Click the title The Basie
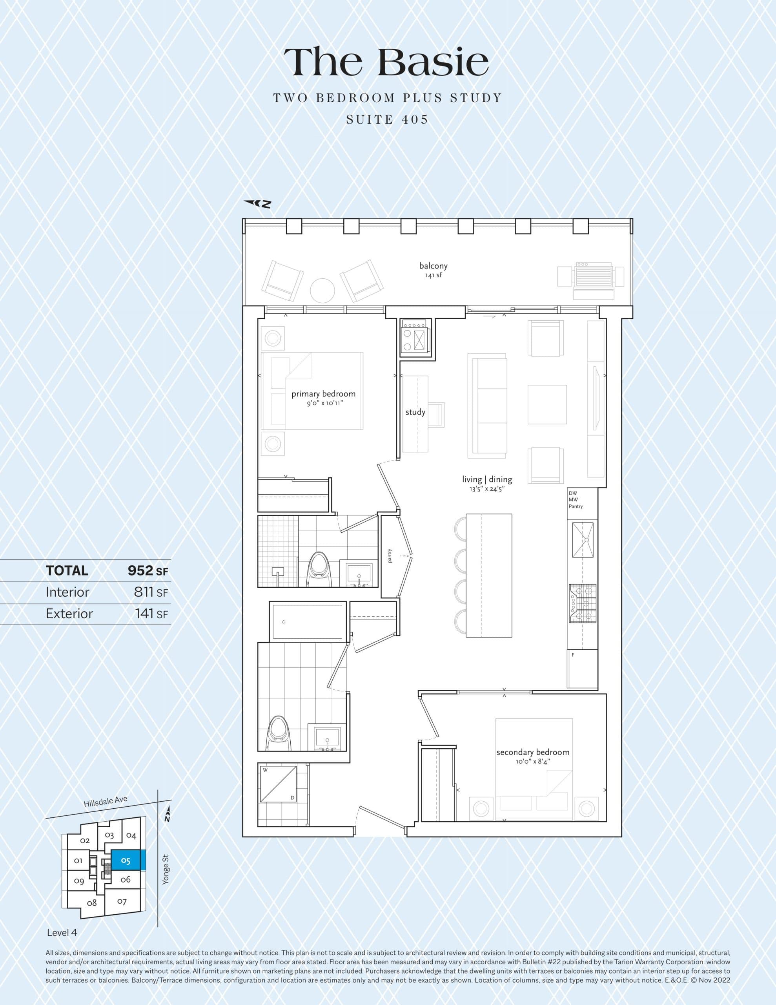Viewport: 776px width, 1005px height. click(x=387, y=62)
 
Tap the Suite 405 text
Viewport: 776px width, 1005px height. click(x=387, y=120)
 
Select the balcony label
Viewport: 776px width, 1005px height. click(x=433, y=266)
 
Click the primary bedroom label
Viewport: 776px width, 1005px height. click(x=323, y=394)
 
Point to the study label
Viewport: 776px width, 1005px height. click(x=415, y=412)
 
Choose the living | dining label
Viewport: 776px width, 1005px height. click(x=487, y=479)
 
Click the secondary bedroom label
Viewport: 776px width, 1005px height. click(x=533, y=752)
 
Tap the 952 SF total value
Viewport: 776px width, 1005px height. click(x=148, y=570)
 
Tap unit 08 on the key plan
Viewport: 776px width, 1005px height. click(x=92, y=903)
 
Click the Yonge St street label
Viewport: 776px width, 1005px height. click(x=166, y=869)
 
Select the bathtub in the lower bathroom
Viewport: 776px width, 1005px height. click(x=307, y=621)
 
